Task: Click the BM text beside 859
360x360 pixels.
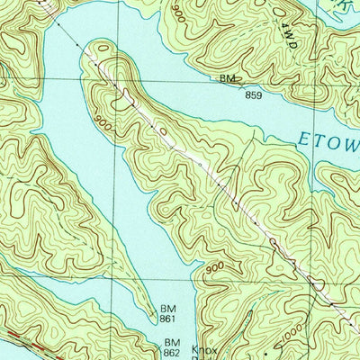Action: click(228, 78)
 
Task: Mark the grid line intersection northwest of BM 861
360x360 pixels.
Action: click(116, 279)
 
